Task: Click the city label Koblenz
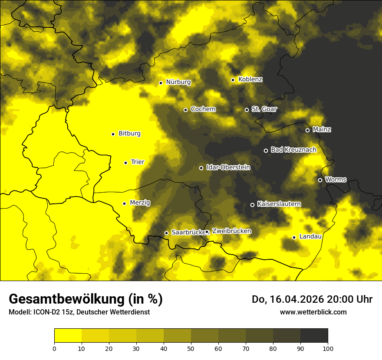[250, 79]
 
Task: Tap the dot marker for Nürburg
[161, 82]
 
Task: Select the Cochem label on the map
[203, 109]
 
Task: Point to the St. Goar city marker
[247, 110]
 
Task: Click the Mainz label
[322, 129]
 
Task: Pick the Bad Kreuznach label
[293, 150]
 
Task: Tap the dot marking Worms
[320, 180]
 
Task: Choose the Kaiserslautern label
[279, 204]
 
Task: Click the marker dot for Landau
[294, 237]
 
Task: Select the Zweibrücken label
[231, 231]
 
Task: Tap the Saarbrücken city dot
[166, 233]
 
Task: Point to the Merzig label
[140, 203]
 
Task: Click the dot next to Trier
[125, 163]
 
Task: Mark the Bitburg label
[129, 134]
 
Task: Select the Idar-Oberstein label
[228, 167]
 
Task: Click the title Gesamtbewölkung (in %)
[86, 299]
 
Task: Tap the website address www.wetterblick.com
[313, 312]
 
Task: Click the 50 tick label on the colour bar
[191, 348]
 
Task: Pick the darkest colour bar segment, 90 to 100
[314, 335]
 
